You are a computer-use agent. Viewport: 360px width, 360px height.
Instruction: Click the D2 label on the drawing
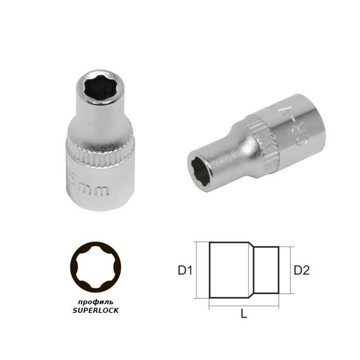click(x=301, y=269)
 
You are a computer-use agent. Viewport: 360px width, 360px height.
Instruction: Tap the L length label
click(x=244, y=314)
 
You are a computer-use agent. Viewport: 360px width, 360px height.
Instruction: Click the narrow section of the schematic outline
click(x=268, y=269)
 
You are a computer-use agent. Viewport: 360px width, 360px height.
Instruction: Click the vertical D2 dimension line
click(x=291, y=269)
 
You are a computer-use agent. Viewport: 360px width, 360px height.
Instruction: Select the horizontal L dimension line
click(x=244, y=307)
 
